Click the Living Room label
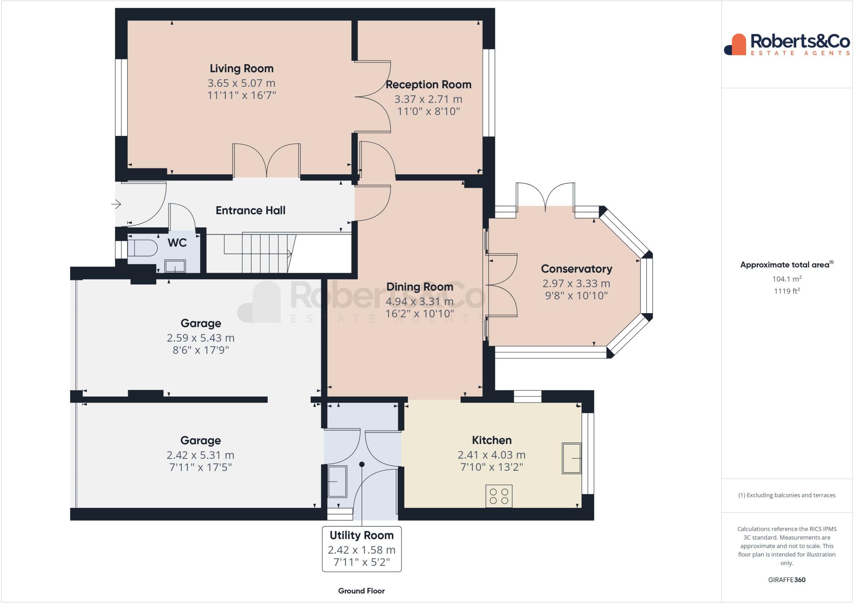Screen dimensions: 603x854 (x=241, y=68)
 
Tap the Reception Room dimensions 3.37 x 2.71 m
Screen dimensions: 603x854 (x=428, y=99)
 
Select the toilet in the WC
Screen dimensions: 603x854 (x=142, y=248)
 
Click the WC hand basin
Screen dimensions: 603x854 (x=175, y=266)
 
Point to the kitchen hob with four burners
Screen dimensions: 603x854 (x=499, y=496)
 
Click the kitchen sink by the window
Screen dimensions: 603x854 (x=571, y=458)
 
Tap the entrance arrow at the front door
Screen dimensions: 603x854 (x=116, y=204)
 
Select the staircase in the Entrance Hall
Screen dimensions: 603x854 (x=259, y=253)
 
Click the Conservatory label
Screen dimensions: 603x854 (x=576, y=269)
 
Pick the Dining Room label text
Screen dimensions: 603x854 (x=419, y=287)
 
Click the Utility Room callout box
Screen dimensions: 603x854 (x=362, y=549)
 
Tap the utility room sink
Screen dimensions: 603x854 (x=337, y=482)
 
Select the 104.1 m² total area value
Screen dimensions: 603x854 (x=786, y=279)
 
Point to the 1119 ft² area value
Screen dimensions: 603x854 (x=786, y=291)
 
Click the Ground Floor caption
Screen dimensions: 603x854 (x=361, y=590)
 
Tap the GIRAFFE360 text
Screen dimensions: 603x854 (x=786, y=580)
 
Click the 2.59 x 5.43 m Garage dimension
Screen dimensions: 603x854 (x=201, y=338)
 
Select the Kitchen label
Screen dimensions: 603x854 (x=492, y=440)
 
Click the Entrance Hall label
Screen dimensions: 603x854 (x=250, y=211)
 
